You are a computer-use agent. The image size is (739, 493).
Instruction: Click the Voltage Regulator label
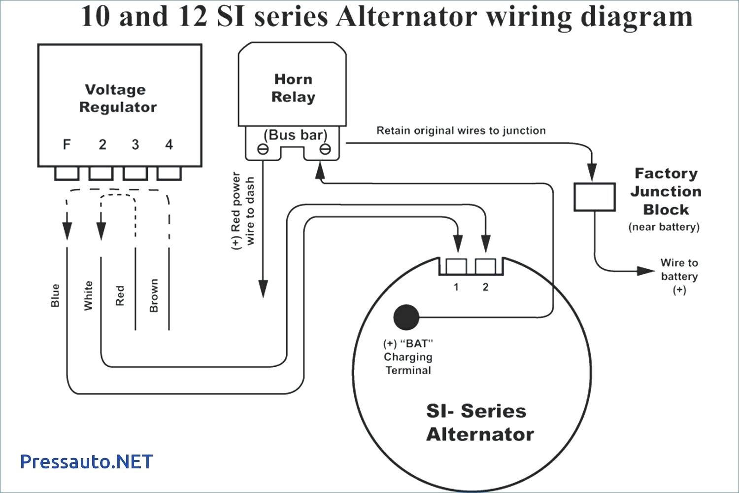click(x=117, y=98)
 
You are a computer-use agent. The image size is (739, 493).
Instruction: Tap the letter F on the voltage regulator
click(x=67, y=144)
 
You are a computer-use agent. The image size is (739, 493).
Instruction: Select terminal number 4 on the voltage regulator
click(x=169, y=144)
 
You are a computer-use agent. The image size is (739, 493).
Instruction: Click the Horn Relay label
click(x=293, y=88)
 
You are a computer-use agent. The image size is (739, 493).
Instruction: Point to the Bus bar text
click(x=295, y=135)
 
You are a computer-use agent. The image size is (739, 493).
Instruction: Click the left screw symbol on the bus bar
click(x=263, y=149)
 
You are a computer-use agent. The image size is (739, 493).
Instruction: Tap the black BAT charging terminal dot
click(x=406, y=317)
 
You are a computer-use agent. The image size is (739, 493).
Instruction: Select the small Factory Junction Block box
click(x=595, y=197)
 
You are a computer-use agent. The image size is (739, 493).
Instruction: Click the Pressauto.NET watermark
click(x=87, y=462)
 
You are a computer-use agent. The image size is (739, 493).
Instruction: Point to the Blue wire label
click(x=55, y=295)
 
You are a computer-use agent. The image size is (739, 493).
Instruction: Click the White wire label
click(x=88, y=295)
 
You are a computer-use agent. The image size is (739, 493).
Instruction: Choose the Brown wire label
click(x=154, y=295)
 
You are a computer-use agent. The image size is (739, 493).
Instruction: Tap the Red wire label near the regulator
click(x=120, y=295)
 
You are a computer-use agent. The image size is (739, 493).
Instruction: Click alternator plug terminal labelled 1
click(x=456, y=267)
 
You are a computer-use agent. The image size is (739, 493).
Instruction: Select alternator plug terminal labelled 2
click(x=485, y=267)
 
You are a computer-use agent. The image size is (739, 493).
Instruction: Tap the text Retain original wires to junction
click(x=461, y=131)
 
